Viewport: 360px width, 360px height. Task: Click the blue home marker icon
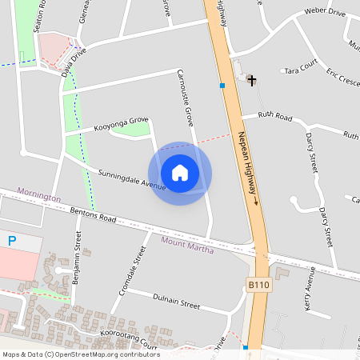[180, 173]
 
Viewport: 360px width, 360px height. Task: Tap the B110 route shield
[257, 285]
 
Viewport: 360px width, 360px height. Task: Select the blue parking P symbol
[12, 240]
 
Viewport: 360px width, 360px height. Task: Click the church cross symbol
[251, 80]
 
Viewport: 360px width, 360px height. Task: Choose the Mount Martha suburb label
[190, 242]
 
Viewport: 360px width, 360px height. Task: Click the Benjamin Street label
[77, 258]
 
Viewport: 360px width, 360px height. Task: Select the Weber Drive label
[325, 13]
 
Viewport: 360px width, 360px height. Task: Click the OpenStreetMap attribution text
[80, 354]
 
